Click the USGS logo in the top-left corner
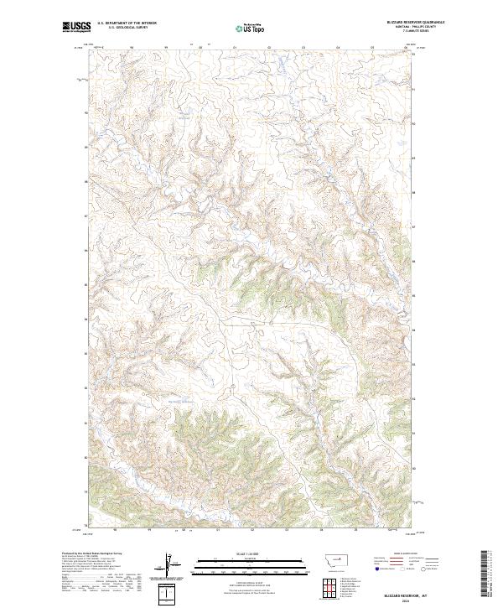click(x=76, y=27)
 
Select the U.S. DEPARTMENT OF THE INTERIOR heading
click(x=127, y=23)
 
